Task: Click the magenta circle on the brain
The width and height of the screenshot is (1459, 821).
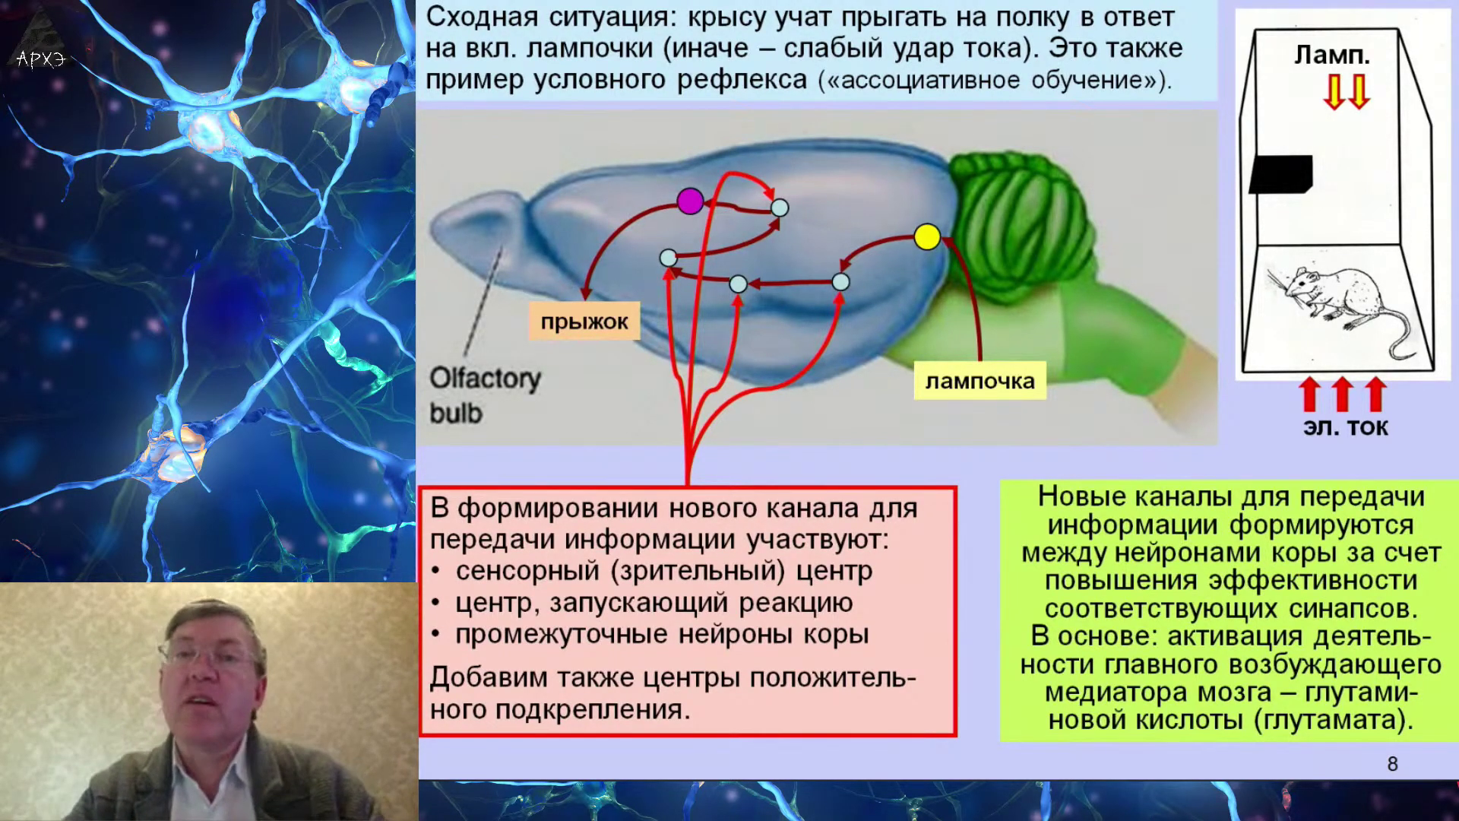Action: coord(690,201)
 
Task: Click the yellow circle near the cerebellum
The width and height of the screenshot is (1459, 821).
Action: coord(927,237)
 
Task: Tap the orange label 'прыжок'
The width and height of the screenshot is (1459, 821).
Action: coord(584,322)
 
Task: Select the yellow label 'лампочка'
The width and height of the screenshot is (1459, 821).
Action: coord(980,381)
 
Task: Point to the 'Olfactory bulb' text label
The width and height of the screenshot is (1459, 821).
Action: coord(485,395)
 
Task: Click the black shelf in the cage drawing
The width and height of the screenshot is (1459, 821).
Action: coord(1281,174)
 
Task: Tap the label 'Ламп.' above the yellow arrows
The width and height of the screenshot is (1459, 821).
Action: coord(1332,55)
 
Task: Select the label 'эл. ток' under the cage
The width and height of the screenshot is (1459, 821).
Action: coord(1346,427)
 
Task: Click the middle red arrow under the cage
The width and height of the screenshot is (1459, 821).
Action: coord(1343,394)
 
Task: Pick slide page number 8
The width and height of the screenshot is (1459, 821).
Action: coord(1392,764)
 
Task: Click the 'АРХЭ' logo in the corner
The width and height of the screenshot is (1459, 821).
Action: coord(41,59)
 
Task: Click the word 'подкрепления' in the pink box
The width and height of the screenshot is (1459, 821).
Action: coord(593,710)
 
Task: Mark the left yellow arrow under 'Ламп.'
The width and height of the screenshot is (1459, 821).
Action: coord(1334,91)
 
